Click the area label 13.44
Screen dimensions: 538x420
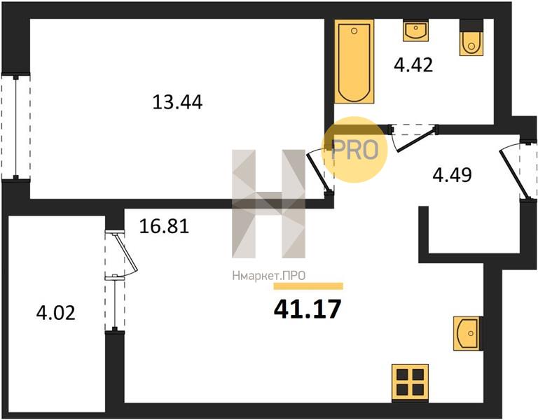pyautogui.click(x=177, y=101)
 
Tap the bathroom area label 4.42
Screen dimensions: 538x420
pyautogui.click(x=413, y=65)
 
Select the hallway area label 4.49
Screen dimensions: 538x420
pyautogui.click(x=453, y=175)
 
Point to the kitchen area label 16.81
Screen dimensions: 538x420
pyautogui.click(x=164, y=226)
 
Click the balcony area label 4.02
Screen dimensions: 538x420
pyautogui.click(x=55, y=313)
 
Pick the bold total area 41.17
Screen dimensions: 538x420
pyautogui.click(x=308, y=309)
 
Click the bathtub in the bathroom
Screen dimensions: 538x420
pyautogui.click(x=354, y=62)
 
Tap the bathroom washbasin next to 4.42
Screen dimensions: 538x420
pyautogui.click(x=415, y=30)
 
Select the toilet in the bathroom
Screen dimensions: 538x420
pyautogui.click(x=471, y=37)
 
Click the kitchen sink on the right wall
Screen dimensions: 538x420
pyautogui.click(x=468, y=333)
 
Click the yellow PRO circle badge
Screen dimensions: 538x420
pyautogui.click(x=354, y=150)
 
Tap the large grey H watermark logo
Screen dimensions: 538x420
pyautogui.click(x=269, y=204)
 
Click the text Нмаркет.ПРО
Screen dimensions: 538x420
pyautogui.click(x=269, y=276)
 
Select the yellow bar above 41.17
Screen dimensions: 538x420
pyautogui.click(x=308, y=286)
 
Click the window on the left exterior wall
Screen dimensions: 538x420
pyautogui.click(x=15, y=127)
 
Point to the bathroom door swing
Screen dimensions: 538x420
pyautogui.click(x=414, y=137)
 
